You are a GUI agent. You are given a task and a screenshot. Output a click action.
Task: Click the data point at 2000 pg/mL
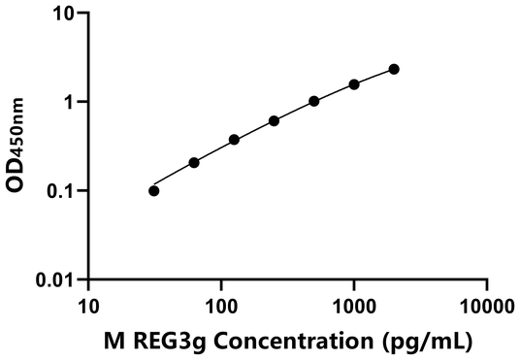tap(394, 69)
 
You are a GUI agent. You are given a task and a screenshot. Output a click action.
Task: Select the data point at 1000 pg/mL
tap(354, 84)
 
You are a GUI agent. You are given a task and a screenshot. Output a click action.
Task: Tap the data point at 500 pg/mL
tap(314, 101)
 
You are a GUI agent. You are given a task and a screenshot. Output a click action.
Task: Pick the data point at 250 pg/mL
tap(275, 120)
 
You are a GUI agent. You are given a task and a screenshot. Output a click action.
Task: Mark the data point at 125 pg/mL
tap(235, 140)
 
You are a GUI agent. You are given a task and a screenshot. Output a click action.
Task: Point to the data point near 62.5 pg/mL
tap(194, 162)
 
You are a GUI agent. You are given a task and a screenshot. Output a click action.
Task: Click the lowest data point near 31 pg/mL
tap(154, 190)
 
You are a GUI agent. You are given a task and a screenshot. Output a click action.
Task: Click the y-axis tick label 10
tap(63, 14)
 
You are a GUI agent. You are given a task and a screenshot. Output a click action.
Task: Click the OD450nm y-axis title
tap(18, 146)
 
